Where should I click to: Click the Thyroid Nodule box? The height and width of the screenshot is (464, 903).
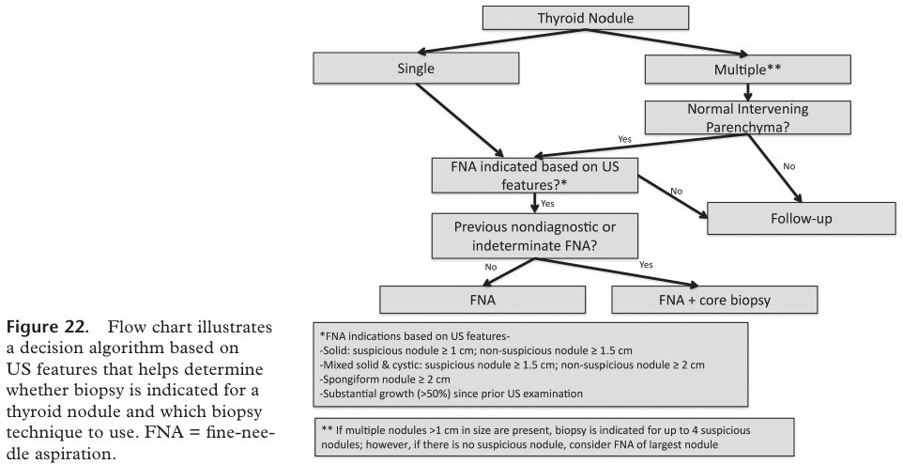tap(585, 18)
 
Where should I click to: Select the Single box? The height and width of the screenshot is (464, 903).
tap(416, 69)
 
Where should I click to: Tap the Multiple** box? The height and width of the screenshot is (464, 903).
tap(747, 70)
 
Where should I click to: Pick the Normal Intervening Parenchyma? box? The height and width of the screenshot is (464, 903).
tap(747, 117)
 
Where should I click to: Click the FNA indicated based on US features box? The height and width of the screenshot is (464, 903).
tap(535, 176)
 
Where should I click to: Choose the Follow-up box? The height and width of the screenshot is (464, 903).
tap(801, 219)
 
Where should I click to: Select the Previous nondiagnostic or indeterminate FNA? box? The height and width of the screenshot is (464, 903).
tap(535, 236)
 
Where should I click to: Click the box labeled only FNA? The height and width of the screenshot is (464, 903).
tap(482, 300)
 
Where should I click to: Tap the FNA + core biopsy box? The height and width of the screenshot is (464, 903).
tap(714, 300)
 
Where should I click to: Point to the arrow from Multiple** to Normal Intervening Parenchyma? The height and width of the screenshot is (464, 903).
tap(747, 92)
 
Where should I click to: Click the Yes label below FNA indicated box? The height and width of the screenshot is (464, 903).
tap(547, 204)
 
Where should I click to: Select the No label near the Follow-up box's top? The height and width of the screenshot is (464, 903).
tap(789, 166)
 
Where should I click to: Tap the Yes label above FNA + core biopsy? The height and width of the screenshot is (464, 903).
tap(646, 265)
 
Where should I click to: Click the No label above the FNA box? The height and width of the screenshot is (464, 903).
tap(491, 267)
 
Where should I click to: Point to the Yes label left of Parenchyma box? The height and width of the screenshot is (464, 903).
tap(625, 139)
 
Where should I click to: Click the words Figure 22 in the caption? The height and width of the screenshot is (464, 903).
tap(48, 328)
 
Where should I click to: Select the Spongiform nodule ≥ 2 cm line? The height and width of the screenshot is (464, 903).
tap(385, 379)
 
